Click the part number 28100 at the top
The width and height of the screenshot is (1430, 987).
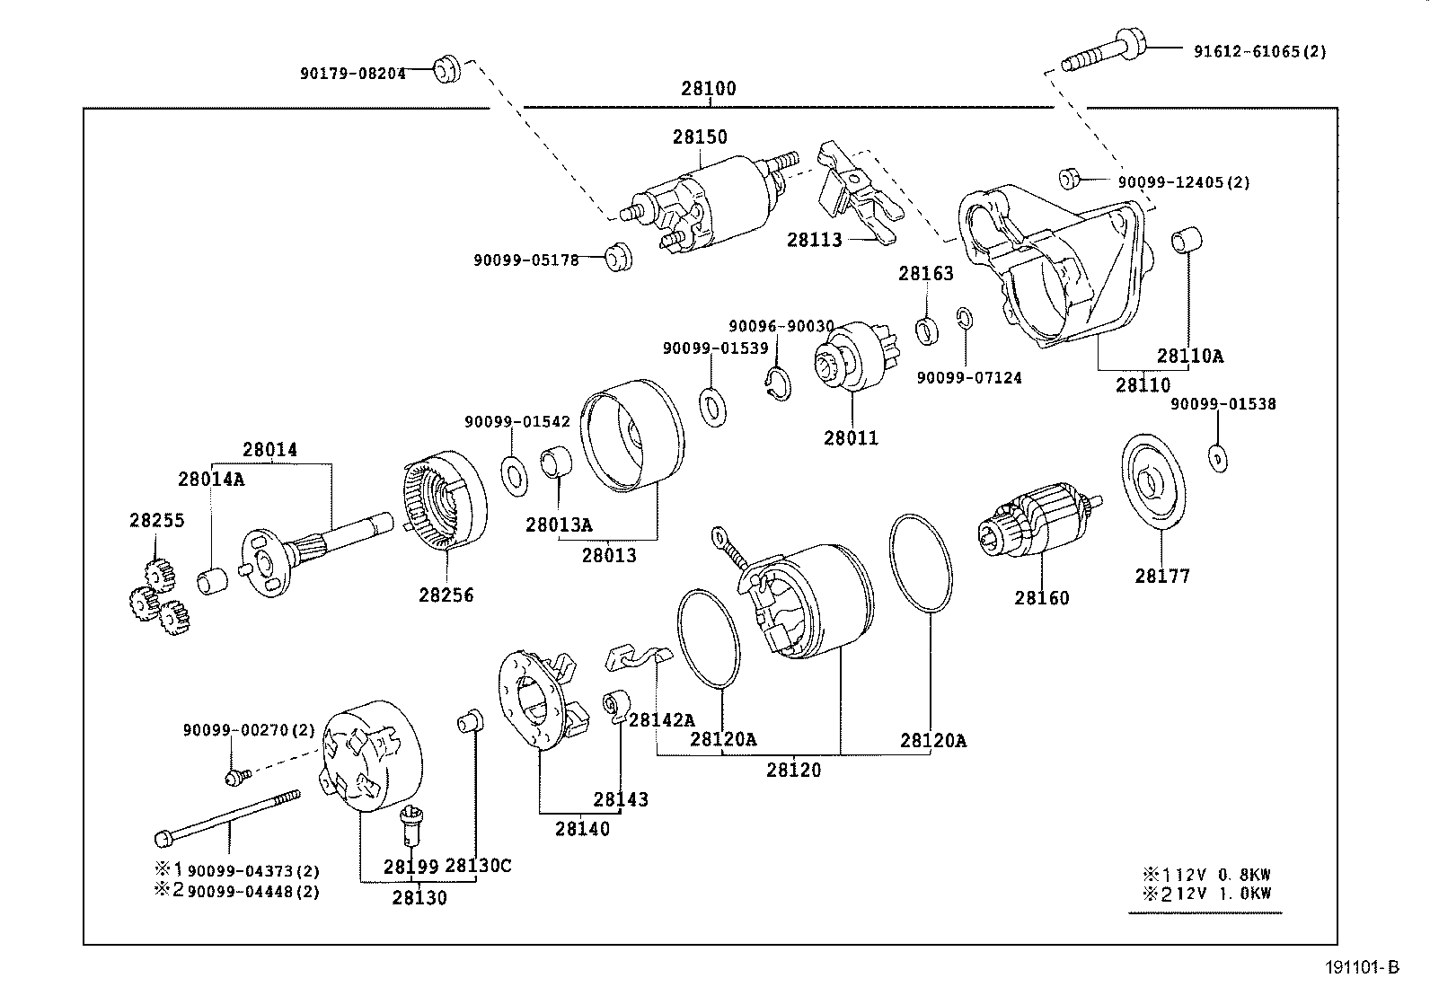(x=708, y=89)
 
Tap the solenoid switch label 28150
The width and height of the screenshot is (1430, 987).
(x=700, y=137)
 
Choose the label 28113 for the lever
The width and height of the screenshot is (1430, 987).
(x=815, y=240)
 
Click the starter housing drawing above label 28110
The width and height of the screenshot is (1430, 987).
(x=1051, y=269)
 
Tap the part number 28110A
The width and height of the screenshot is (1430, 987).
(x=1189, y=356)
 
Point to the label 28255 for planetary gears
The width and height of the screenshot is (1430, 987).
(x=156, y=520)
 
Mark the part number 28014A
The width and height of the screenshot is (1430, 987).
(x=210, y=480)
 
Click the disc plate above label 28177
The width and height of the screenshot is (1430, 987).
(x=1153, y=481)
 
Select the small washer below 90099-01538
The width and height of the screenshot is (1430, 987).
(x=1216, y=458)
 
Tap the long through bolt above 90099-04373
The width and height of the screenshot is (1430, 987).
(x=229, y=816)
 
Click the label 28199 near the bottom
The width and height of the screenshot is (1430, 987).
(x=410, y=867)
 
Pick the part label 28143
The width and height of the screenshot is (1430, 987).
(x=620, y=799)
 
